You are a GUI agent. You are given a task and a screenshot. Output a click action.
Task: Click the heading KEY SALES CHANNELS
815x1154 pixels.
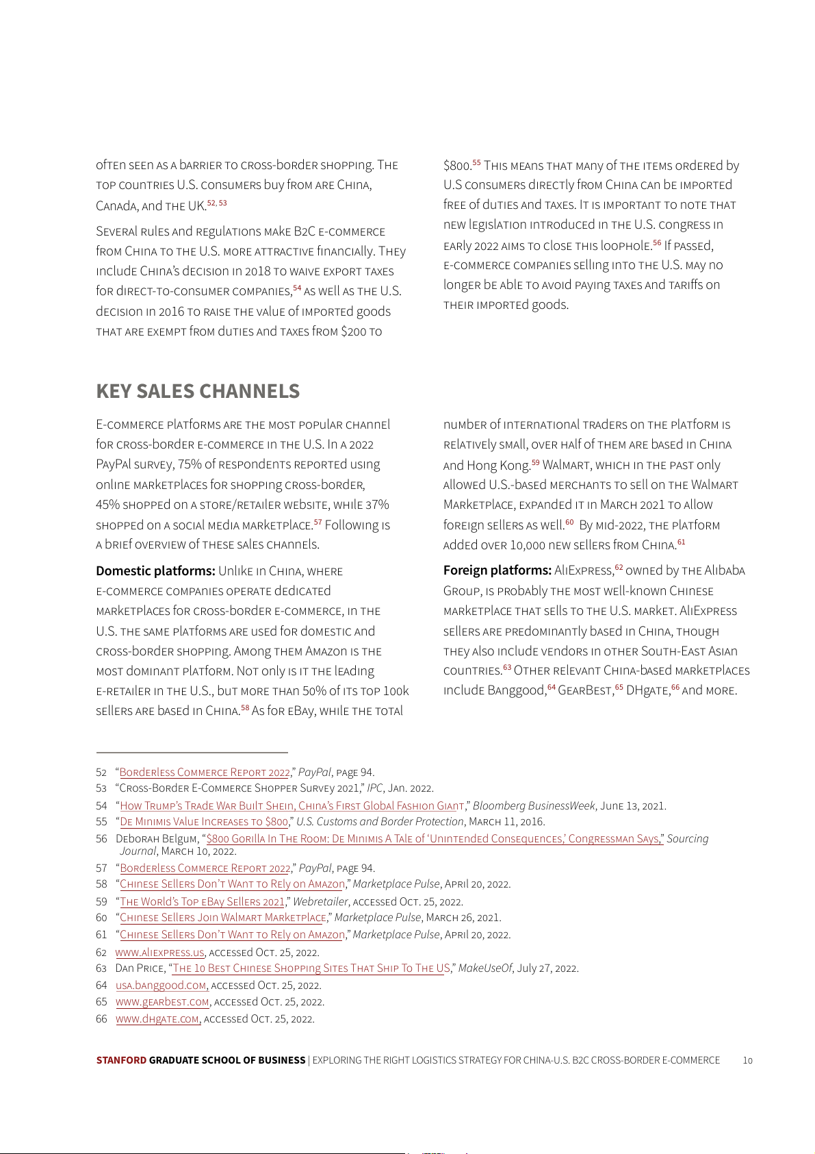pos(198,391)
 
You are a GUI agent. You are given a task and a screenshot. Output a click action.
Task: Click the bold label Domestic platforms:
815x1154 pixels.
pos(155,570)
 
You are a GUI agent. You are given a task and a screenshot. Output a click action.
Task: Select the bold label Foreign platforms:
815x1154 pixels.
pos(497,570)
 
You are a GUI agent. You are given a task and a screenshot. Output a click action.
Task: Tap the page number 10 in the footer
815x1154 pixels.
pos(747,1060)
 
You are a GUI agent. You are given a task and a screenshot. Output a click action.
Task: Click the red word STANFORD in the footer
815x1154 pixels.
pos(121,1060)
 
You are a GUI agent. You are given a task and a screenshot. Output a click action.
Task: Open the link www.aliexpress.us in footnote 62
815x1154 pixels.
pos(160,952)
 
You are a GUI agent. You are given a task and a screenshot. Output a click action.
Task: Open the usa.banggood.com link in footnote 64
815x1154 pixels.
pos(161,985)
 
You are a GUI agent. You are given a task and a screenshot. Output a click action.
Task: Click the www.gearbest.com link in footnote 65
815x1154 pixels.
pos(162,1002)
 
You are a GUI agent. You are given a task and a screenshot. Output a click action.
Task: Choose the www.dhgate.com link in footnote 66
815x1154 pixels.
pos(158,1019)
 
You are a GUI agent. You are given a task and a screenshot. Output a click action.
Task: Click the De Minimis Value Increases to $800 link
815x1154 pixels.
pos(204,821)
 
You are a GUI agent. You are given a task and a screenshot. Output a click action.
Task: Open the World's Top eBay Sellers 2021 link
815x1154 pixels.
pos(202,901)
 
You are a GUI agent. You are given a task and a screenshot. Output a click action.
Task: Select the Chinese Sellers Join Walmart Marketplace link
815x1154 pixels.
pos(223,917)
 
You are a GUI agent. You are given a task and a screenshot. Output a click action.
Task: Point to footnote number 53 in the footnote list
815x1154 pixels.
pos(101,788)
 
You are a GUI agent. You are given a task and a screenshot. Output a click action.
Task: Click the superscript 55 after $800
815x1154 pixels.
pos(476,163)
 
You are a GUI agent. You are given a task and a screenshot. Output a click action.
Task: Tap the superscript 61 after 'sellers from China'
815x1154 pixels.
pos(681,542)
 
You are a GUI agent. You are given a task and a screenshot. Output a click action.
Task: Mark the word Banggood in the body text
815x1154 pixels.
pos(517,690)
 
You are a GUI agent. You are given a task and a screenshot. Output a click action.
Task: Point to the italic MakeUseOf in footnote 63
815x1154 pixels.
pos(484,968)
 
